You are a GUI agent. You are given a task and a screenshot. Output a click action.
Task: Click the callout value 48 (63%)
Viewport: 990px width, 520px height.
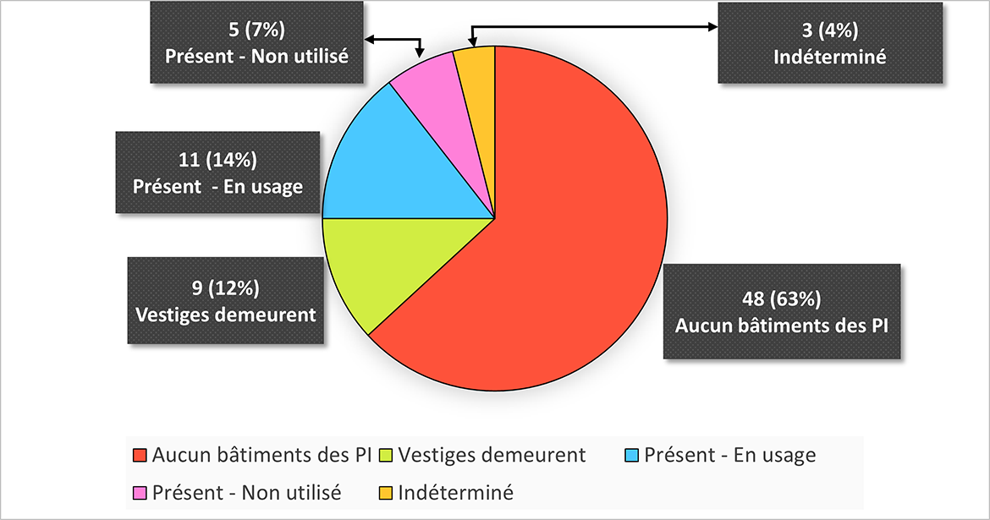[x=782, y=298]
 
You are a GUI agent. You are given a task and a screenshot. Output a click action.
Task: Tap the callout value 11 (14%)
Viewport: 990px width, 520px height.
[x=217, y=161]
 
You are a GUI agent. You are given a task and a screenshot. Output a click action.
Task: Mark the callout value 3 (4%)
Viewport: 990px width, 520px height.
[x=830, y=30]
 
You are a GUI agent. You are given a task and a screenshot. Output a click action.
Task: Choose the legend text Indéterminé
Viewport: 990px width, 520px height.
[x=455, y=492]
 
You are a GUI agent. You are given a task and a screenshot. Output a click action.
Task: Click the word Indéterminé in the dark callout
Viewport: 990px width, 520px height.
[x=830, y=57]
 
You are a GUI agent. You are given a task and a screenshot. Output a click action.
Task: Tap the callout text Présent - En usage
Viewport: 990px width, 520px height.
[x=217, y=187]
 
